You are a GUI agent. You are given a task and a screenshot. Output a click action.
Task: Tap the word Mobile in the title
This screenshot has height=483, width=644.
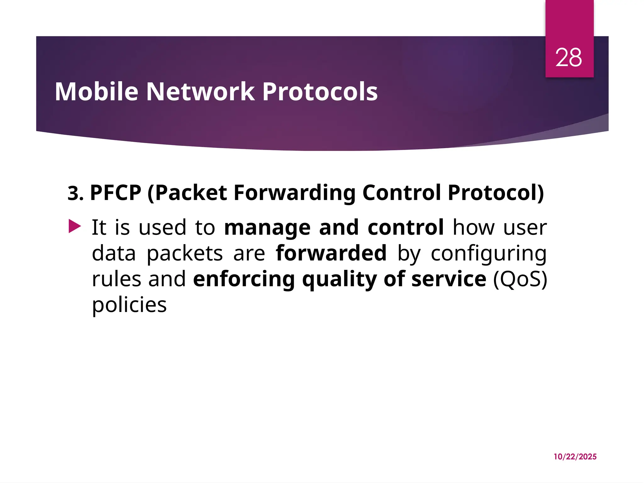pos(97,92)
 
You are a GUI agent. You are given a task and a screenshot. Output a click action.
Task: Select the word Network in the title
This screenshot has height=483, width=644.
pos(200,92)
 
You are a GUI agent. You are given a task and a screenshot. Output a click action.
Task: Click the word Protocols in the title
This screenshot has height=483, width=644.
pos(320,92)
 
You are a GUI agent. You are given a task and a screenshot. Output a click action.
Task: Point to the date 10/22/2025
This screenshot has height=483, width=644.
pos(575,457)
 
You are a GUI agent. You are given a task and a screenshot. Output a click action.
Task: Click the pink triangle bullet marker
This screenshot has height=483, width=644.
pos(75,226)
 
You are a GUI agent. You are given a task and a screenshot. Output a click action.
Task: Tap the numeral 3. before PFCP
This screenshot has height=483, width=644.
pos(75,193)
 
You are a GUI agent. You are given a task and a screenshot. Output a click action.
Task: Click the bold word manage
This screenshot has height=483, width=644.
pos(267,228)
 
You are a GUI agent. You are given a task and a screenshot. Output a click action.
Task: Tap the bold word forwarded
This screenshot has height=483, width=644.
pos(331,253)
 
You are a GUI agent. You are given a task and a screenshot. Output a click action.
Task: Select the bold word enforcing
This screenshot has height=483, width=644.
pos(244,279)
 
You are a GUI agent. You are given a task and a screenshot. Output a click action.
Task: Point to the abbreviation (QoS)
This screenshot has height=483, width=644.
pos(520,279)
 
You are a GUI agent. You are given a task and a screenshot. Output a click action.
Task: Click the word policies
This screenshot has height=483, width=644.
pos(129,305)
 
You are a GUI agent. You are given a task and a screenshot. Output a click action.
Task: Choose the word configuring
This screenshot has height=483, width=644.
pos(488,253)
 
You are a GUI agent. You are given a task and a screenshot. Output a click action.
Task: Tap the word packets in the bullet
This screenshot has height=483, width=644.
pos(185,253)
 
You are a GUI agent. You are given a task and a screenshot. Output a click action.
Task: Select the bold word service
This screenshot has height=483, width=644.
pos(449,279)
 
